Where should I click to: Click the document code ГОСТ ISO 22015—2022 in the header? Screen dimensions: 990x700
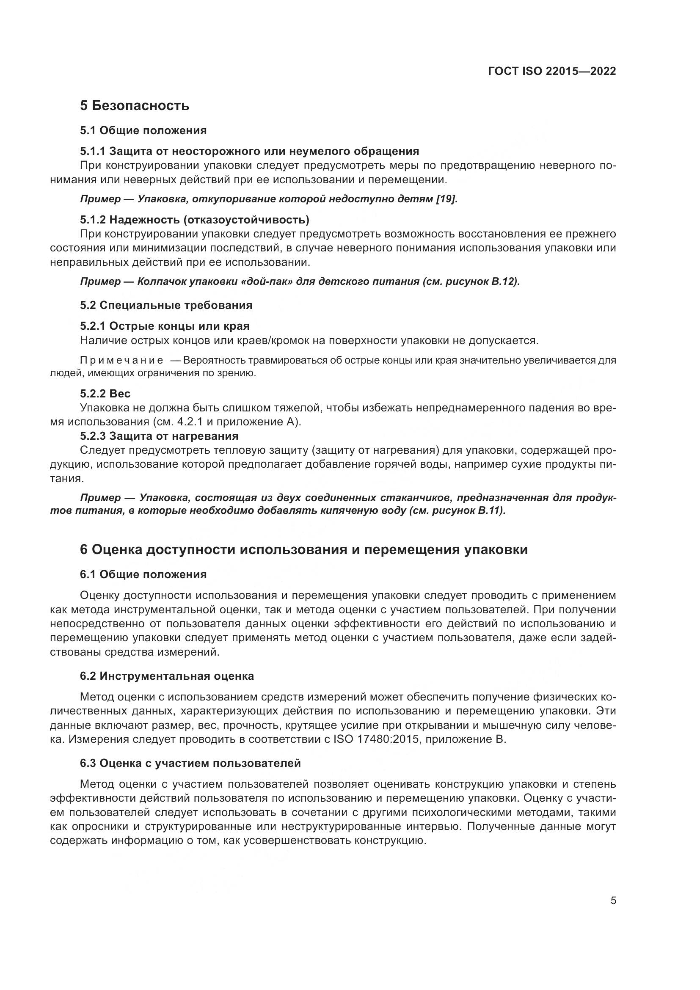coord(552,72)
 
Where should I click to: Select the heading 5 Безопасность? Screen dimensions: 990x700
coord(135,106)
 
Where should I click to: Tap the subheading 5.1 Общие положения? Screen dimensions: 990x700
coord(143,130)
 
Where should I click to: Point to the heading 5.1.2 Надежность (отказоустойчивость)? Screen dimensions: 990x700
coord(194,220)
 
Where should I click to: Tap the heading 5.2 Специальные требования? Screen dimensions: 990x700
coord(166,305)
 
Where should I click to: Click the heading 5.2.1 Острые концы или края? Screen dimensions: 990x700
coord(165,326)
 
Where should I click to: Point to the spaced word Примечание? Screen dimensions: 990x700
coord(121,360)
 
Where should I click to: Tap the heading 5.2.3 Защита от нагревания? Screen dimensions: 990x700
coord(159,436)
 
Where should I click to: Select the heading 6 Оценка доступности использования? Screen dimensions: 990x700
coord(303,550)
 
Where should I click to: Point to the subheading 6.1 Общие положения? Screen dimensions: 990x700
coord(143,574)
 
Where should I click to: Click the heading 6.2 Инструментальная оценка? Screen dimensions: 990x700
coord(167,676)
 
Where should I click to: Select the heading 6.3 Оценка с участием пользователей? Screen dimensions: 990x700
coord(190,763)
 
